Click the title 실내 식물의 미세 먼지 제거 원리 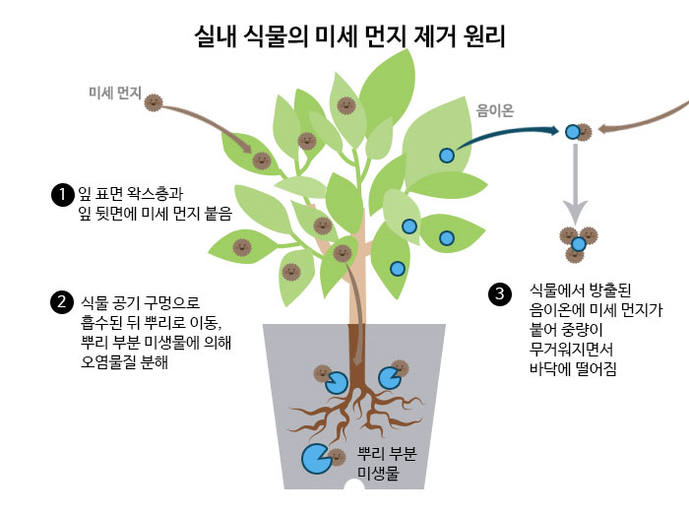click(349, 38)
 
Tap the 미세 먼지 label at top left click(111, 95)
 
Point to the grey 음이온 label click(495, 110)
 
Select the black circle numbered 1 click(63, 194)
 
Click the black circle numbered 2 click(63, 300)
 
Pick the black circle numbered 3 click(501, 293)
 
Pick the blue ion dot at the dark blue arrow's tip click(572, 131)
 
